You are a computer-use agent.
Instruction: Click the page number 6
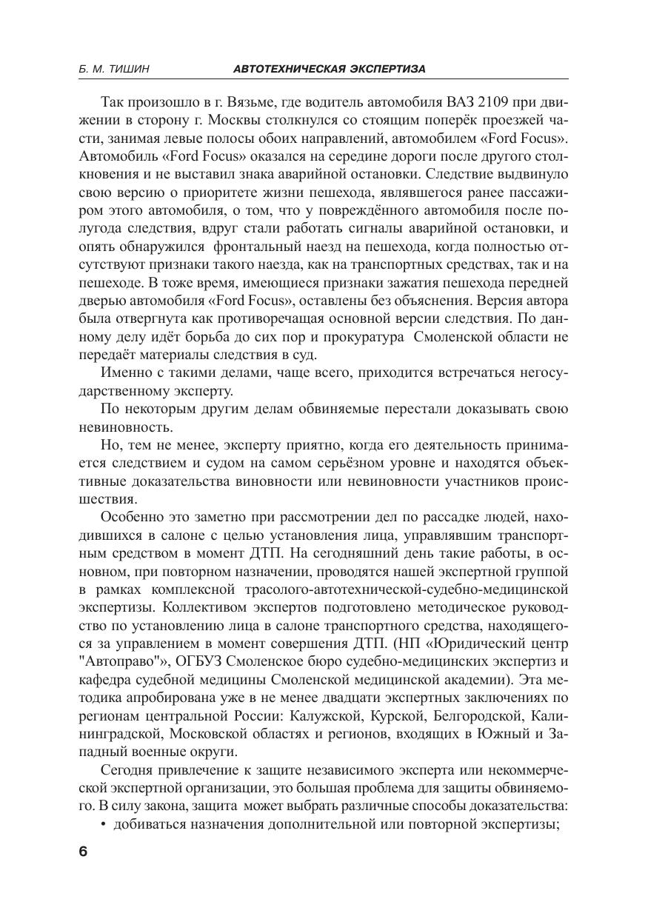coord(82,852)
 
